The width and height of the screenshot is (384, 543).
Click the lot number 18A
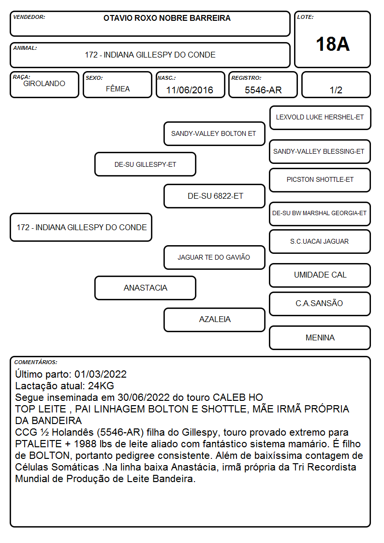click(x=332, y=44)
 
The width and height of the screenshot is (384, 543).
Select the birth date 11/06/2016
click(x=190, y=90)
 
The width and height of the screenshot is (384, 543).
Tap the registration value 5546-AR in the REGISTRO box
click(x=263, y=90)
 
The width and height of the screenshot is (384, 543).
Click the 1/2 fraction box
click(x=336, y=85)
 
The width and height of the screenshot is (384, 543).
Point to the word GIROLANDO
click(x=44, y=84)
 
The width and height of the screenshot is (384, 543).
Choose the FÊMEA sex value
click(x=118, y=88)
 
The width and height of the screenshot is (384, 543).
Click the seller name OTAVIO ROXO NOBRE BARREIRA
click(x=167, y=18)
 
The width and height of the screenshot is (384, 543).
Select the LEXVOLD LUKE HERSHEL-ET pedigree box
click(x=320, y=118)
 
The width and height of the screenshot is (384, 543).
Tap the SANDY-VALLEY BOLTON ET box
click(x=214, y=133)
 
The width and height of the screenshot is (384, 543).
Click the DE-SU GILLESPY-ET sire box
click(x=146, y=164)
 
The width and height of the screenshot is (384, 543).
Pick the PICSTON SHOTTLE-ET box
click(x=320, y=180)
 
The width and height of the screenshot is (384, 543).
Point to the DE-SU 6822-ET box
click(x=214, y=196)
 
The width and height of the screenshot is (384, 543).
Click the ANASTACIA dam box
click(x=146, y=288)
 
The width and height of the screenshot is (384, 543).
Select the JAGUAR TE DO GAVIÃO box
click(x=214, y=257)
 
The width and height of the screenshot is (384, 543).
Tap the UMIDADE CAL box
click(x=320, y=275)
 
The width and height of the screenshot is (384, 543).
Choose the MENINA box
click(x=320, y=338)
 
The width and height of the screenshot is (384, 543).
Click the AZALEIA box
click(x=214, y=320)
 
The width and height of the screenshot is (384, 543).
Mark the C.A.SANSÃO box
click(x=320, y=304)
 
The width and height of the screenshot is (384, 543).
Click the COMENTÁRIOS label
click(x=36, y=362)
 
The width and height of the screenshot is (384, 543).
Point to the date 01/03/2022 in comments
click(x=101, y=374)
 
